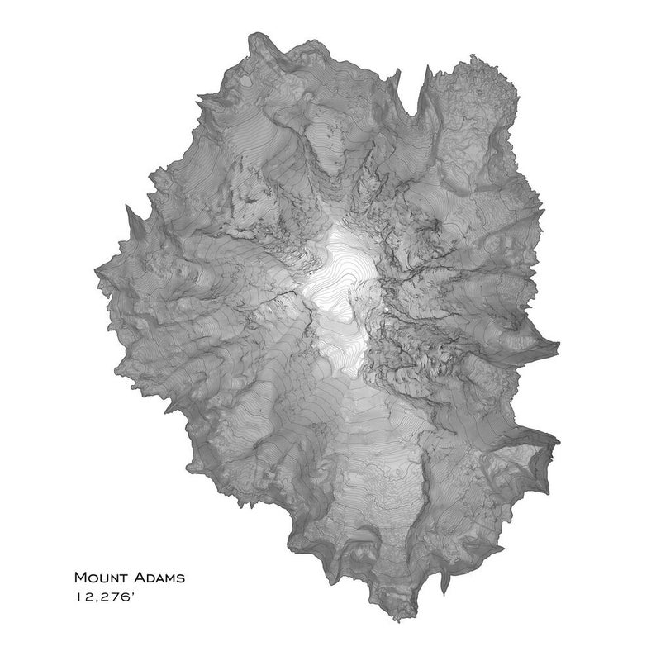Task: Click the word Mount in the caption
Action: [x=100, y=577]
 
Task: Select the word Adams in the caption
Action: [x=157, y=577]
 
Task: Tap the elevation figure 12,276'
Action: [x=105, y=595]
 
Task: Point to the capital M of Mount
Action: [x=80, y=577]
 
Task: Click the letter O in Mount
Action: [x=92, y=578]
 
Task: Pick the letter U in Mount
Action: [x=102, y=578]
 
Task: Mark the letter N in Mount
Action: [x=112, y=578]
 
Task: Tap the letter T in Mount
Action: [x=121, y=578]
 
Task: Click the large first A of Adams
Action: [x=135, y=577]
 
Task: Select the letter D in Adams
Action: [x=146, y=578]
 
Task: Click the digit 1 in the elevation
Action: [x=78, y=595]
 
